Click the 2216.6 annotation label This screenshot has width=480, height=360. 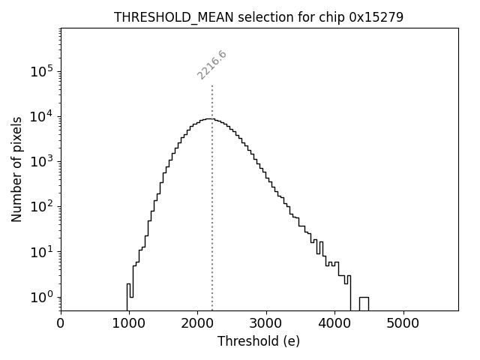pos(212,65)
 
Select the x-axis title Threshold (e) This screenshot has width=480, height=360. pos(259,341)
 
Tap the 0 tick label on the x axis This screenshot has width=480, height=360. pos(61,323)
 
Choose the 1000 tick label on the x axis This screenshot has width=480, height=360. pos(129,323)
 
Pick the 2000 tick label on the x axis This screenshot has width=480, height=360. pos(198,323)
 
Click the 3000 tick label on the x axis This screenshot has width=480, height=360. pos(266,323)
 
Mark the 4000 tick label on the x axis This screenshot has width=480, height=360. pos(335,323)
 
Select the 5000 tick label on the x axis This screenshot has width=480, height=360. pos(403,323)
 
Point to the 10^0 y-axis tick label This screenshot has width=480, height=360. pos(41,297)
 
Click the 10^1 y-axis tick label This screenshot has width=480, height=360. pos(41,252)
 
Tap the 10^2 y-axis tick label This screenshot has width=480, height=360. pos(41,207)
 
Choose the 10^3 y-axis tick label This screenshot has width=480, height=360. pos(41,162)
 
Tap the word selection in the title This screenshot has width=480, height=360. pos(252,17)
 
